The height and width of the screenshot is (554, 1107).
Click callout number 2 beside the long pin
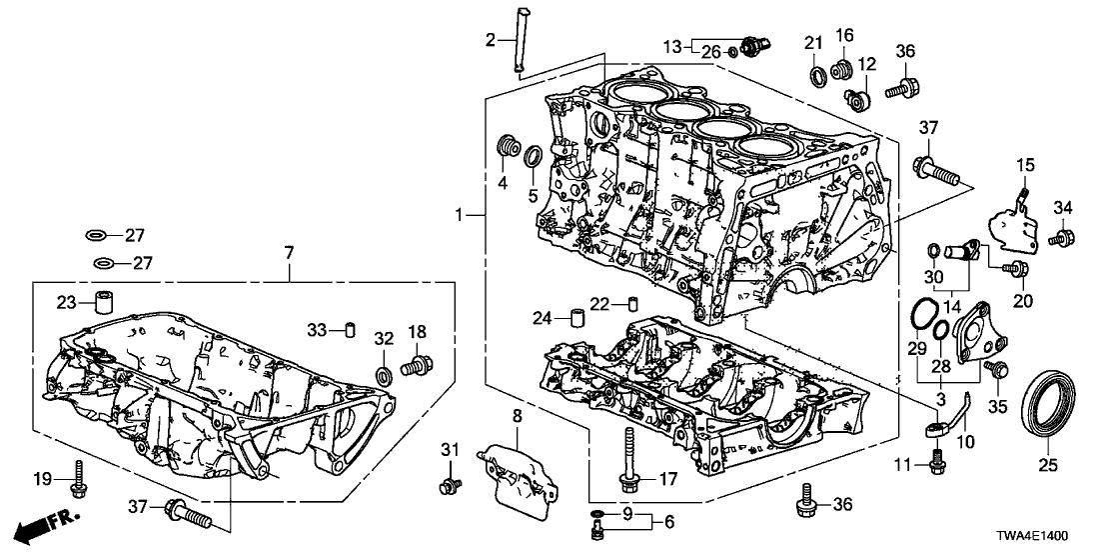click(x=491, y=40)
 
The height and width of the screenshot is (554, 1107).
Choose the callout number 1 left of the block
click(x=459, y=215)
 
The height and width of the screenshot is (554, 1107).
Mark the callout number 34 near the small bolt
click(x=1063, y=208)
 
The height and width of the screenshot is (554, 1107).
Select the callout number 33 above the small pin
click(x=317, y=330)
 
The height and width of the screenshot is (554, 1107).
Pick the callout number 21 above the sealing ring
click(x=812, y=42)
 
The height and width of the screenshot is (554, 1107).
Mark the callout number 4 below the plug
click(x=504, y=183)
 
